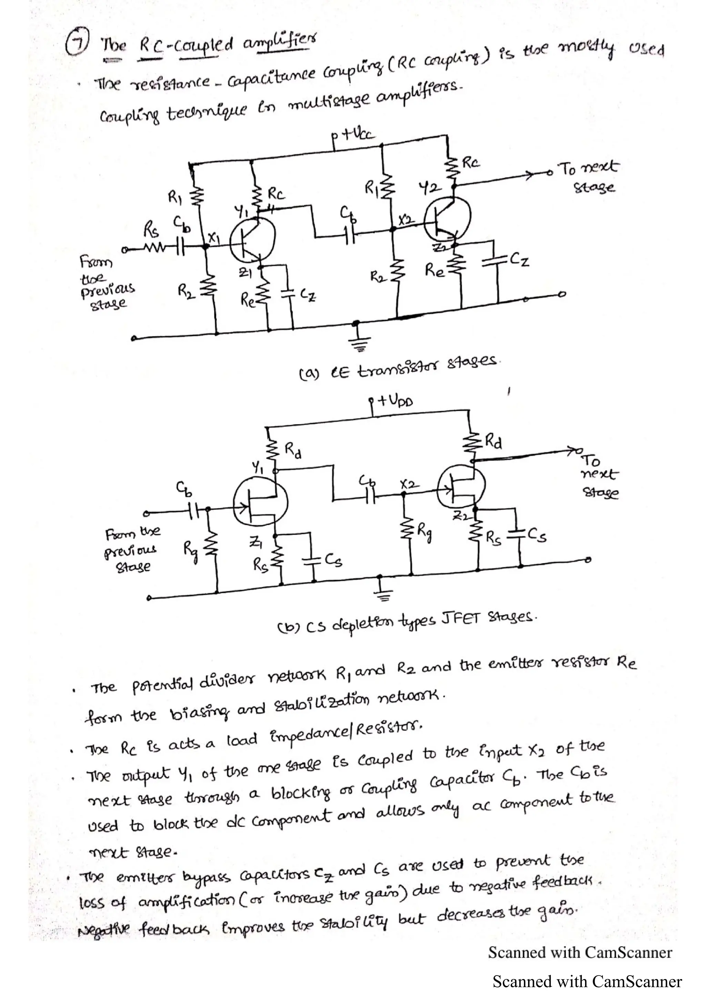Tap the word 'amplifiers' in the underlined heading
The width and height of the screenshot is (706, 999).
(279, 43)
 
